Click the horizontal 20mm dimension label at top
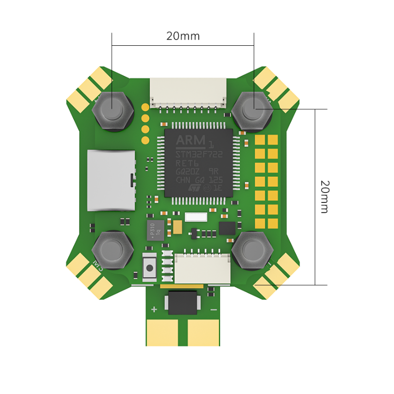[x=183, y=36]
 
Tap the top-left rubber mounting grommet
[x=112, y=109]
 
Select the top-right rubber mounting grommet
[x=253, y=109]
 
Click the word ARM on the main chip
[x=191, y=141]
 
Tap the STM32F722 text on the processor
[x=198, y=154]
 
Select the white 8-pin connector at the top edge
[x=189, y=93]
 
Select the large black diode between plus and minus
[x=182, y=302]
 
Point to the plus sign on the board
[x=154, y=309]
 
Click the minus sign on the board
[x=213, y=309]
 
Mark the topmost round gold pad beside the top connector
[x=145, y=107]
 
